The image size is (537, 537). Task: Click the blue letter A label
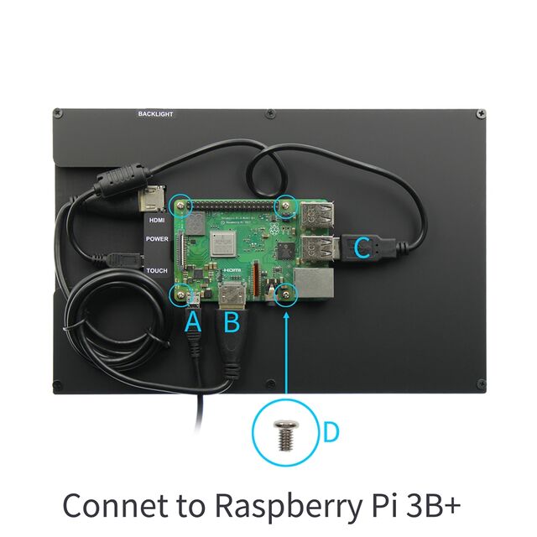[193, 321]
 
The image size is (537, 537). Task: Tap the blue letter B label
[232, 321]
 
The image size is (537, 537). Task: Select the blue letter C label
[362, 248]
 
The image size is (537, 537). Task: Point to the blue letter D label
[331, 432]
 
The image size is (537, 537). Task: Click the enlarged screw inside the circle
[283, 434]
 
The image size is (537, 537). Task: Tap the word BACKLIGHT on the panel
[155, 113]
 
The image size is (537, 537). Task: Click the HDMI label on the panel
[156, 220]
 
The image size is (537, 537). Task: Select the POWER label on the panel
[157, 239]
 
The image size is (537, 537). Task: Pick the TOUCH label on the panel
[157, 270]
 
